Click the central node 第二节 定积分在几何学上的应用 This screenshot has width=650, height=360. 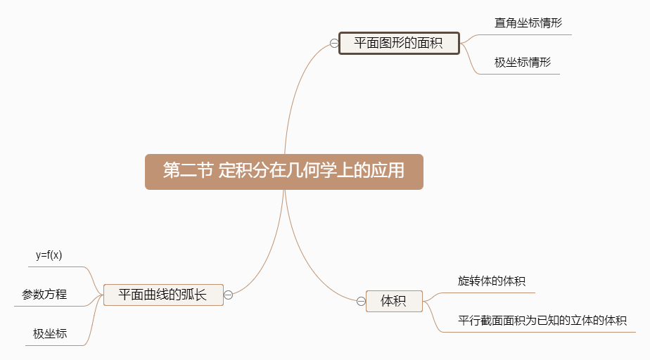[284, 172]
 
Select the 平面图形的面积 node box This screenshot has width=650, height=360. [399, 43]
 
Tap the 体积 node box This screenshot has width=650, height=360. [394, 301]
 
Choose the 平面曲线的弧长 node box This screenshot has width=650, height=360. [162, 295]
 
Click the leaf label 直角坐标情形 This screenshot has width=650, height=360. [528, 22]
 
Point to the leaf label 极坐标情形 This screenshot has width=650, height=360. [523, 62]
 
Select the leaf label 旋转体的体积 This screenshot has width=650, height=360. [492, 281]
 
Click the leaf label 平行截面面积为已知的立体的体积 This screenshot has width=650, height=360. [542, 321]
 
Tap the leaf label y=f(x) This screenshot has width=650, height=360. [49, 255]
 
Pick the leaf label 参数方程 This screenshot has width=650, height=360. [44, 294]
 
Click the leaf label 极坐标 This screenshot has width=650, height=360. [50, 333]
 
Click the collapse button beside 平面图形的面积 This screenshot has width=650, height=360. [333, 43]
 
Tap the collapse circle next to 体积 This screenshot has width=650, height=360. [361, 302]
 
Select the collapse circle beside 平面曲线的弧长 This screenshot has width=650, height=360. [229, 295]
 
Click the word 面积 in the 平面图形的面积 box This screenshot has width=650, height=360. [429, 43]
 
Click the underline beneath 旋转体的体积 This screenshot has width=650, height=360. [492, 292]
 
